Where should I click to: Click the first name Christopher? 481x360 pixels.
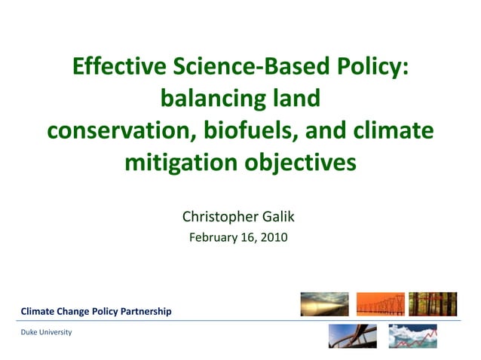[218, 218]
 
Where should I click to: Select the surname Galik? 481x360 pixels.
[276, 218]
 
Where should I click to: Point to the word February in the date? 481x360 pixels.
[213, 238]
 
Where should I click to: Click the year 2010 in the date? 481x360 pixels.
[274, 238]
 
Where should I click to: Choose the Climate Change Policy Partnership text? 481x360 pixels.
[96, 311]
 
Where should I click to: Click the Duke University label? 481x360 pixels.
[46, 332]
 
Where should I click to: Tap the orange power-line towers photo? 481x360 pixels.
[380, 304]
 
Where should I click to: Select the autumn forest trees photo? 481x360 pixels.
[433, 304]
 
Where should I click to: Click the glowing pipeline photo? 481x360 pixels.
[324, 304]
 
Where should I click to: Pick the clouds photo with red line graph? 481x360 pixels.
[412, 336]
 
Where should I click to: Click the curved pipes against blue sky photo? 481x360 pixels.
[352, 336]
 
